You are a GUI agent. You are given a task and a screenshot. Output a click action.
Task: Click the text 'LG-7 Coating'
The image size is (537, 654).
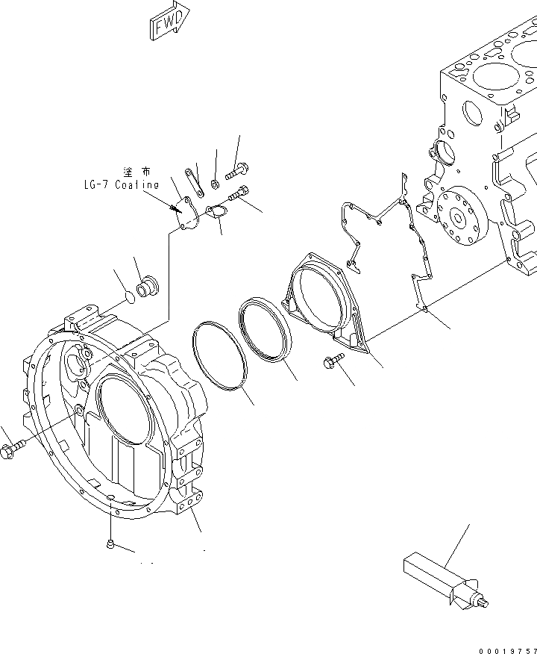point(121,184)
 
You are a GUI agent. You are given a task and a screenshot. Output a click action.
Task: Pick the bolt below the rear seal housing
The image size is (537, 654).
point(333,363)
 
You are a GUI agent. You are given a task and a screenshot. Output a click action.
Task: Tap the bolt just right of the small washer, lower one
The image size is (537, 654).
point(238,194)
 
